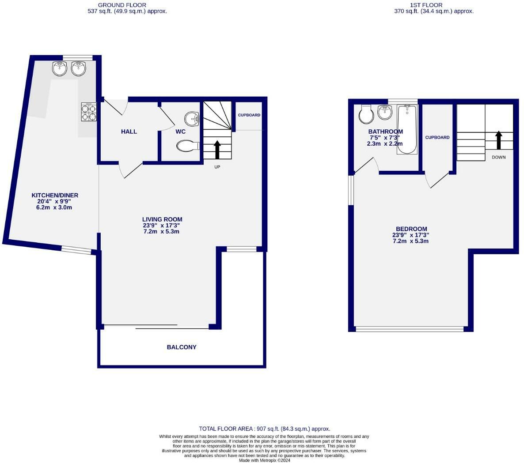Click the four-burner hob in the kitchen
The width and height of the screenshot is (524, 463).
[89, 112]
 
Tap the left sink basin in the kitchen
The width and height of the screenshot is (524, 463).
[59, 68]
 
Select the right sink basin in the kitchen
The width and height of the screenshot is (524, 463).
[78, 68]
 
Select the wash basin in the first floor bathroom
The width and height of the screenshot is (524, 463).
[385, 113]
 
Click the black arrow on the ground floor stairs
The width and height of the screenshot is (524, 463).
[217, 150]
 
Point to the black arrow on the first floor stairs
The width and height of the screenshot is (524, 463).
[498, 140]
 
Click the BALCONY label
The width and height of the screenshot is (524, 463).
[182, 347]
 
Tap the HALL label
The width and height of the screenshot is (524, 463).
[129, 132]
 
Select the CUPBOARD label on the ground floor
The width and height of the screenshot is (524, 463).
[249, 115]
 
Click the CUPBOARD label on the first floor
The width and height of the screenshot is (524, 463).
[437, 138]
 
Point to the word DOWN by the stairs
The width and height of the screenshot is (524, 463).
[498, 157]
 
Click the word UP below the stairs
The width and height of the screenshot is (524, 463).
[217, 167]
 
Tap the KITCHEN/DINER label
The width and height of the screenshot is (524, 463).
[55, 195]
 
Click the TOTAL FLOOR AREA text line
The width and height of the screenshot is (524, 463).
[264, 429]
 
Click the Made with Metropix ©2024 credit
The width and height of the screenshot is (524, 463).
[264, 460]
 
